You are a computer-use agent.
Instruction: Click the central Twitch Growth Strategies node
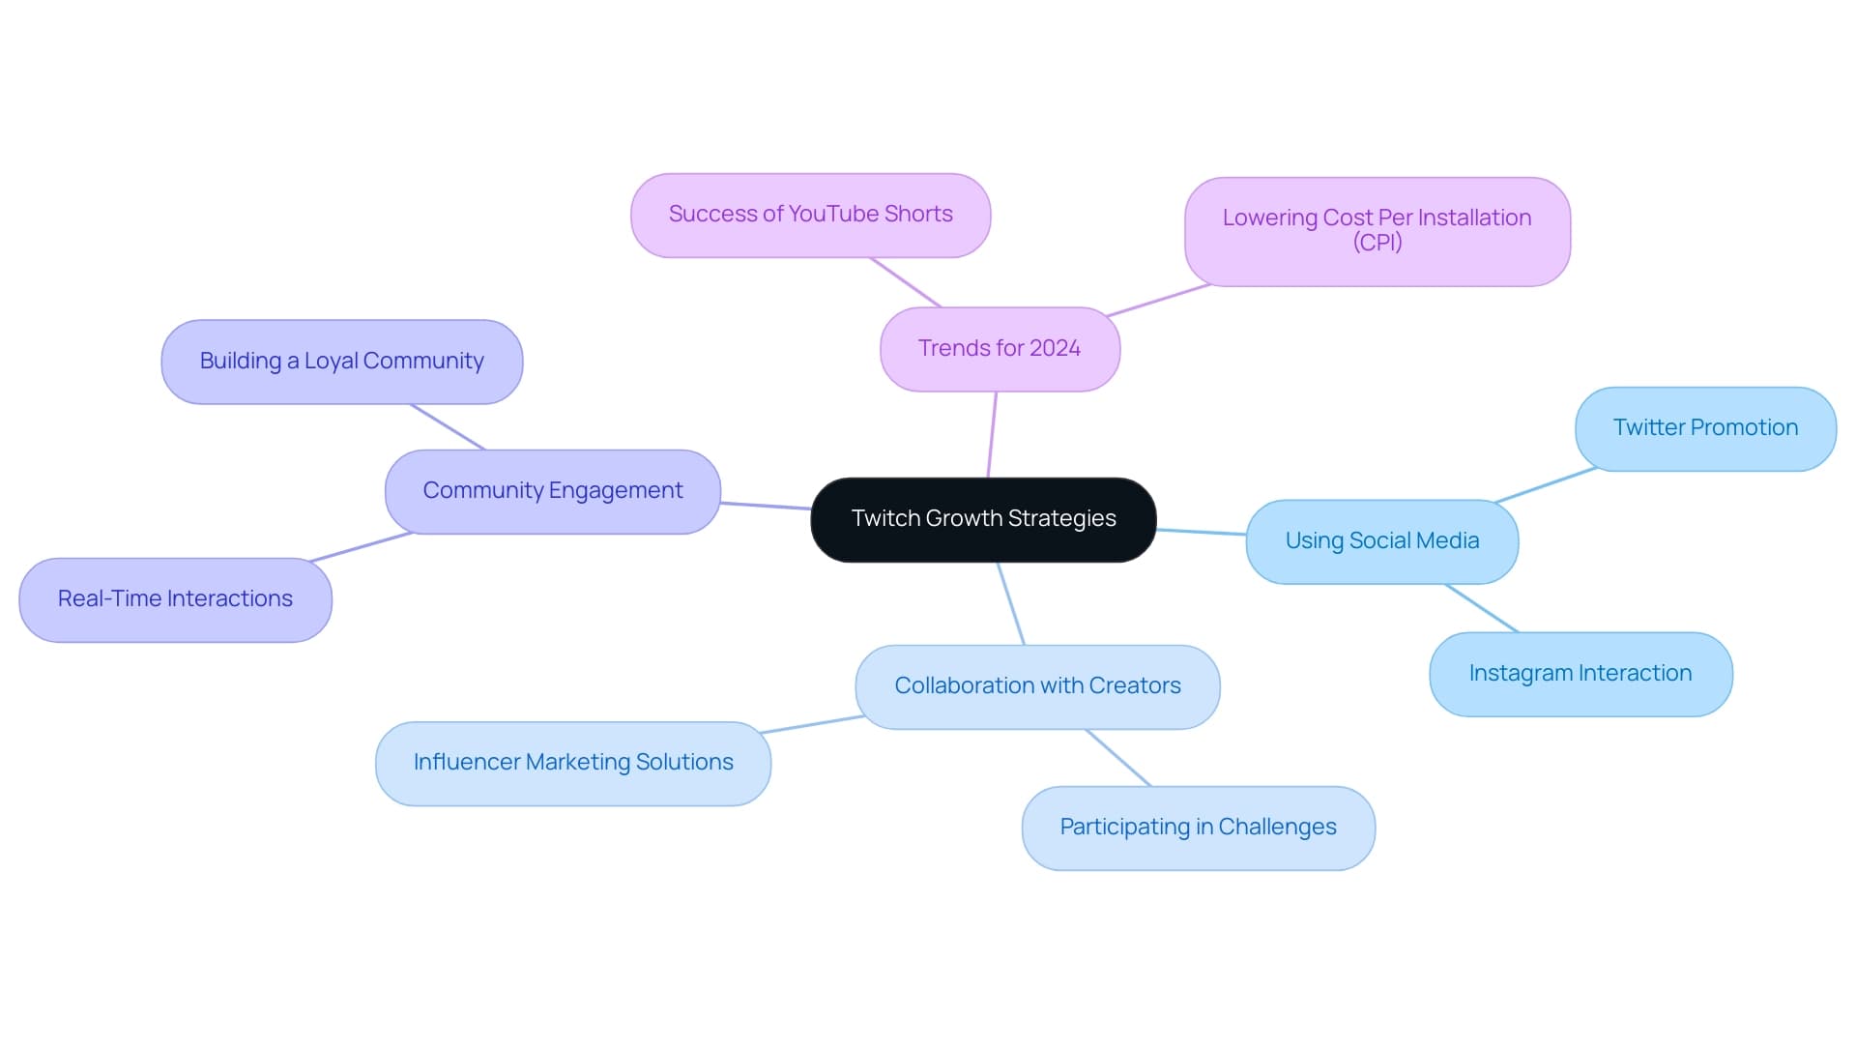pyautogui.click(x=983, y=519)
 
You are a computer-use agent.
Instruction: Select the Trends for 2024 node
pyautogui.click(x=1000, y=349)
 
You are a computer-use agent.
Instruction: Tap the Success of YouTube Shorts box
pyautogui.click(x=810, y=215)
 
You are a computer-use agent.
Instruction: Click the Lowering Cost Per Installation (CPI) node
pyautogui.click(x=1377, y=231)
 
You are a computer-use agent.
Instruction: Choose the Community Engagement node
pyautogui.click(x=552, y=491)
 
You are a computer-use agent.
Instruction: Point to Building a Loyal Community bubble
pyautogui.click(x=341, y=362)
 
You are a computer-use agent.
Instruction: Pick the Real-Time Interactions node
pyautogui.click(x=175, y=599)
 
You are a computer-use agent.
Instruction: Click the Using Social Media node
pyautogui.click(x=1381, y=541)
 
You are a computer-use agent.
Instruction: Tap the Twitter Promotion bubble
pyautogui.click(x=1705, y=428)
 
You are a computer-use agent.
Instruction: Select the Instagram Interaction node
pyautogui.click(x=1580, y=674)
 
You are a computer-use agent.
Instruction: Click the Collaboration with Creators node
pyautogui.click(x=1037, y=686)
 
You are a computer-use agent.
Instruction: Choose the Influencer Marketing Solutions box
pyautogui.click(x=572, y=763)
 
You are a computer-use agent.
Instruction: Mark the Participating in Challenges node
pyautogui.click(x=1198, y=828)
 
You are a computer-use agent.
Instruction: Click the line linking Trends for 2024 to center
pyautogui.click(x=992, y=435)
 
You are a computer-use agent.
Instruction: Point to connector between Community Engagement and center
pyautogui.click(x=766, y=506)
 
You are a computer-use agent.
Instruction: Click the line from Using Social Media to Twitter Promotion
pyautogui.click(x=1545, y=485)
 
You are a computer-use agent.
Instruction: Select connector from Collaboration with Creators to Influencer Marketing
pyautogui.click(x=812, y=724)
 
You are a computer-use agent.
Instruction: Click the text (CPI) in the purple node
pyautogui.click(x=1377, y=243)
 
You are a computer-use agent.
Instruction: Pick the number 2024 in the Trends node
pyautogui.click(x=1055, y=349)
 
